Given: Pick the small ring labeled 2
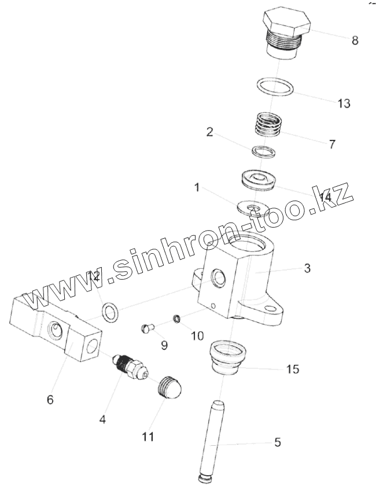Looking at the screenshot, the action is tap(263, 151).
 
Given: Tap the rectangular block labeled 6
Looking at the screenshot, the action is tap(55, 326).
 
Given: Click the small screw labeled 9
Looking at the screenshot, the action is tap(147, 329).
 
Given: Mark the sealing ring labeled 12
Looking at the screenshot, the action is tap(110, 313).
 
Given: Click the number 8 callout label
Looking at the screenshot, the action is tap(355, 40).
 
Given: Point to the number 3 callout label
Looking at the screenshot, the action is tap(307, 268).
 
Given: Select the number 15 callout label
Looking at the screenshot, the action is tap(293, 369).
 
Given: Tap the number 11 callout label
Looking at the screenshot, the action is tap(149, 437).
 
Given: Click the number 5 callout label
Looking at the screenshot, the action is tap(278, 443).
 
